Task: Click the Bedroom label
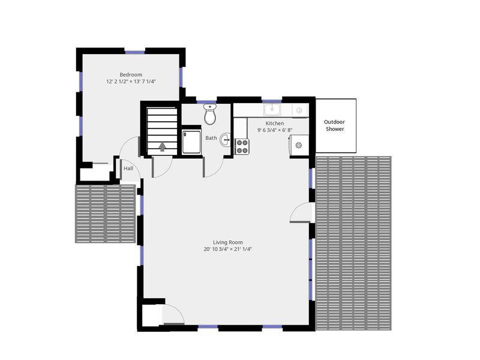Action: click(131, 75)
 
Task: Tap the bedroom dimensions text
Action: click(131, 82)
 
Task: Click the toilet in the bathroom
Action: click(209, 114)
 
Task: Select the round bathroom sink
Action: click(226, 140)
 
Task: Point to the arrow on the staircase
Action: click(161, 145)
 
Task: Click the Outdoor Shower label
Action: click(335, 125)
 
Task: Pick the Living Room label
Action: click(227, 242)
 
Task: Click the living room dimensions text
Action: click(227, 250)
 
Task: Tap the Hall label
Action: click(128, 169)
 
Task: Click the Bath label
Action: click(211, 138)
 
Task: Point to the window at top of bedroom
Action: click(134, 50)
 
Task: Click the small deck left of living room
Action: click(104, 214)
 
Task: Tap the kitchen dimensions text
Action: click(275, 130)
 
